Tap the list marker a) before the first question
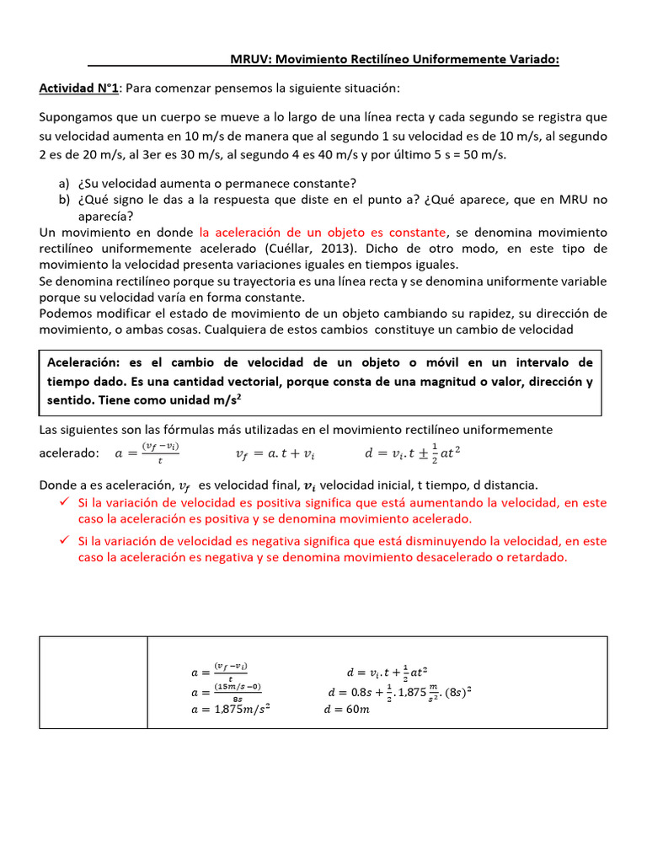click(x=64, y=184)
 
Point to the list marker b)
click(x=64, y=200)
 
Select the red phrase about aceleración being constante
click(x=323, y=232)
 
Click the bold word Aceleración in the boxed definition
click(x=82, y=362)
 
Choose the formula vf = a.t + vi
click(x=275, y=453)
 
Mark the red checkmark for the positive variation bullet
click(x=62, y=502)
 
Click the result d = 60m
click(x=347, y=709)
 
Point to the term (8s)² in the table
click(x=456, y=692)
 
